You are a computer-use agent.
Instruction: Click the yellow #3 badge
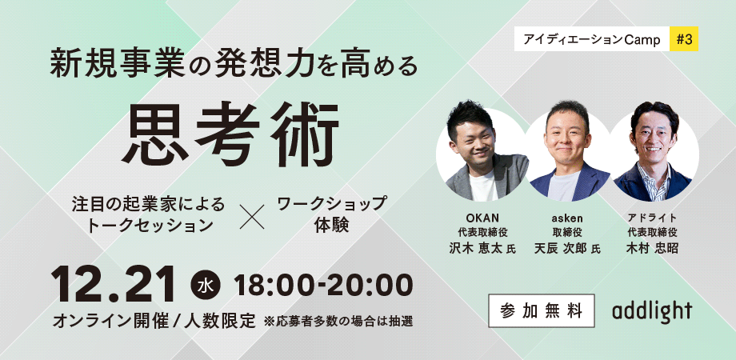tap(684, 39)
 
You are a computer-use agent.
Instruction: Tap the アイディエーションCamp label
tap(592, 39)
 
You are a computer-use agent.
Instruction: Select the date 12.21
tap(114, 285)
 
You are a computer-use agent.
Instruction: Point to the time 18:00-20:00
tap(324, 286)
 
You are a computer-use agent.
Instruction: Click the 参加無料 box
tap(542, 310)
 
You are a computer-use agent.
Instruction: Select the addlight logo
tap(652, 311)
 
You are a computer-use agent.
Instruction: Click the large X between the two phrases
tap(253, 217)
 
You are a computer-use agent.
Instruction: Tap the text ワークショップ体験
tap(331, 214)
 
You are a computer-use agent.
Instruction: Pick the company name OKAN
tap(482, 218)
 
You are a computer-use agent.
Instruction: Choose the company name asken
tap(567, 218)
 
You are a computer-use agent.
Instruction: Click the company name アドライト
tap(652, 218)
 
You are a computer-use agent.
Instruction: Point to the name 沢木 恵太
tap(477, 248)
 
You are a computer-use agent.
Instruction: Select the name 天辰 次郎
tap(561, 248)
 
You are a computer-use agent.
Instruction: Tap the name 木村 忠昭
tap(652, 248)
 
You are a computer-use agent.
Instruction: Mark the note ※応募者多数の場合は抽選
tap(338, 322)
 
